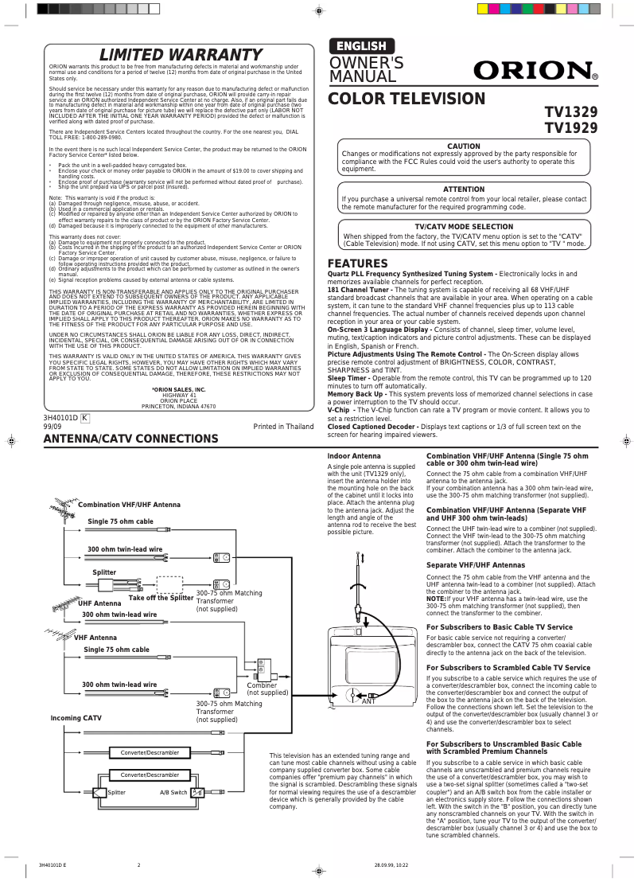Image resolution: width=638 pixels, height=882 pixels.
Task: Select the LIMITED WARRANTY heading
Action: pyautogui.click(x=180, y=55)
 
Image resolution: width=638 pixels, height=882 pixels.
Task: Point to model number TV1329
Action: pyautogui.click(x=571, y=112)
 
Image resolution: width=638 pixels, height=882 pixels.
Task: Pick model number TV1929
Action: pyautogui.click(x=571, y=128)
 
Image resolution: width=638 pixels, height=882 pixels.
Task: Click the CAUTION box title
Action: pyautogui.click(x=464, y=146)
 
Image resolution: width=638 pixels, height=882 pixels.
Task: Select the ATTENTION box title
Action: pyautogui.click(x=464, y=189)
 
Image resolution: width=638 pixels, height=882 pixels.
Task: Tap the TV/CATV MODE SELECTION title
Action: pyautogui.click(x=464, y=227)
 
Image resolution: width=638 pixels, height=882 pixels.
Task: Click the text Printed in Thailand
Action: pyautogui.click(x=283, y=427)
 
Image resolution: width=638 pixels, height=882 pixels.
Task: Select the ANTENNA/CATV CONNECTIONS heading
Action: pyautogui.click(x=130, y=439)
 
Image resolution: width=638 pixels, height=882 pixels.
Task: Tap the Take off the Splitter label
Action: pyautogui.click(x=161, y=598)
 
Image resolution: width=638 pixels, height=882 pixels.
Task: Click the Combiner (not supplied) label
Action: pyautogui.click(x=267, y=689)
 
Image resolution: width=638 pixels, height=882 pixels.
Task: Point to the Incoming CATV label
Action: pyautogui.click(x=76, y=718)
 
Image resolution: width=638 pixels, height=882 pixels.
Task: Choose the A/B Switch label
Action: pyautogui.click(x=173, y=793)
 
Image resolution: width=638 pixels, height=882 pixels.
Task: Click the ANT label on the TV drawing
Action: pyautogui.click(x=368, y=701)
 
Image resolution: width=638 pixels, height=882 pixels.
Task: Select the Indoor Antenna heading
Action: pyautogui.click(x=354, y=456)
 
